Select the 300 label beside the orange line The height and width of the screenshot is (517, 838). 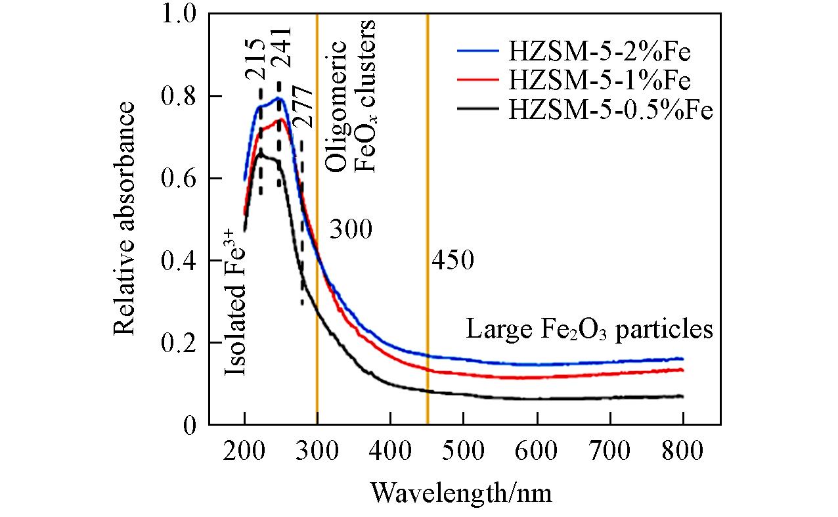[x=351, y=230]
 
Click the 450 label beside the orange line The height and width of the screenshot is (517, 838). [x=452, y=261]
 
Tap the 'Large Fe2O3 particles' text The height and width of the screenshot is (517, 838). [x=589, y=329]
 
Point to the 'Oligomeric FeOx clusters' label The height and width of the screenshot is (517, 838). [x=351, y=96]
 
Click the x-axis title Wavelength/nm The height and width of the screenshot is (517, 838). [x=461, y=491]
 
